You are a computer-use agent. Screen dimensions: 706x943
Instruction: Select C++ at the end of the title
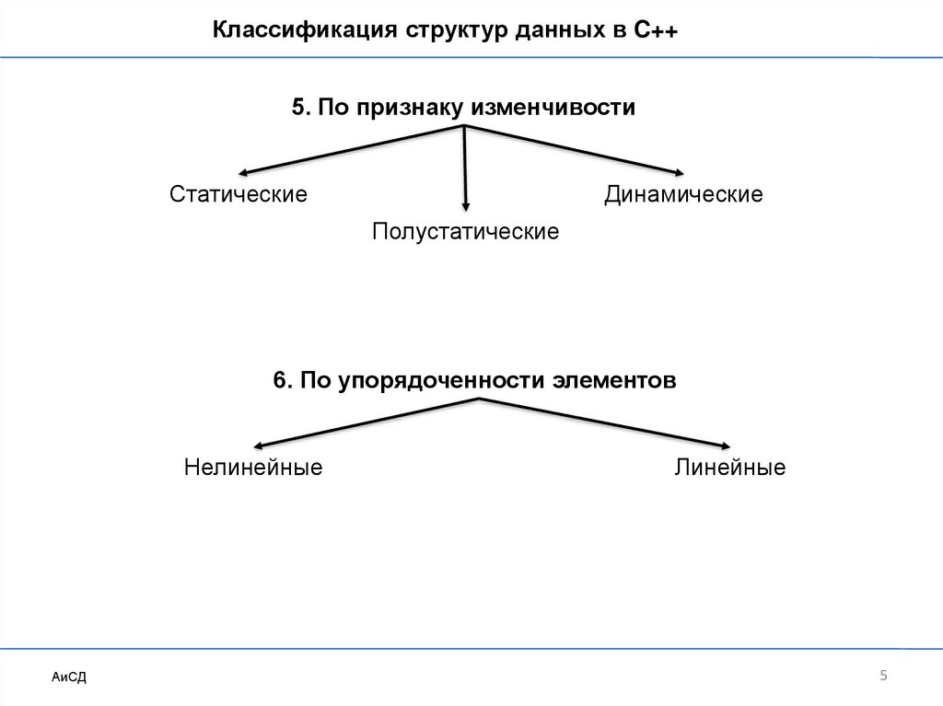click(656, 30)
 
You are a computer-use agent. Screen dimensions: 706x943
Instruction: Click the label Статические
click(239, 194)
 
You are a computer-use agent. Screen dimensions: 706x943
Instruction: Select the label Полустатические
click(465, 230)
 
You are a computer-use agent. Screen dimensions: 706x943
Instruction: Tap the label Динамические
click(683, 194)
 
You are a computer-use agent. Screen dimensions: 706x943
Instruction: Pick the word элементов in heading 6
click(614, 380)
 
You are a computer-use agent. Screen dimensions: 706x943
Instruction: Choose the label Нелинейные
click(252, 468)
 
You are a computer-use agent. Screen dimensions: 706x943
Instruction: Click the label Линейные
click(729, 468)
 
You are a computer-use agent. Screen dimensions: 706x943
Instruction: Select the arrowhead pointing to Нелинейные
click(260, 444)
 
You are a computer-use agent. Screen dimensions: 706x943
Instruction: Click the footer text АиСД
click(68, 677)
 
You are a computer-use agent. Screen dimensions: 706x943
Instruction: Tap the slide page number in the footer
click(883, 677)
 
